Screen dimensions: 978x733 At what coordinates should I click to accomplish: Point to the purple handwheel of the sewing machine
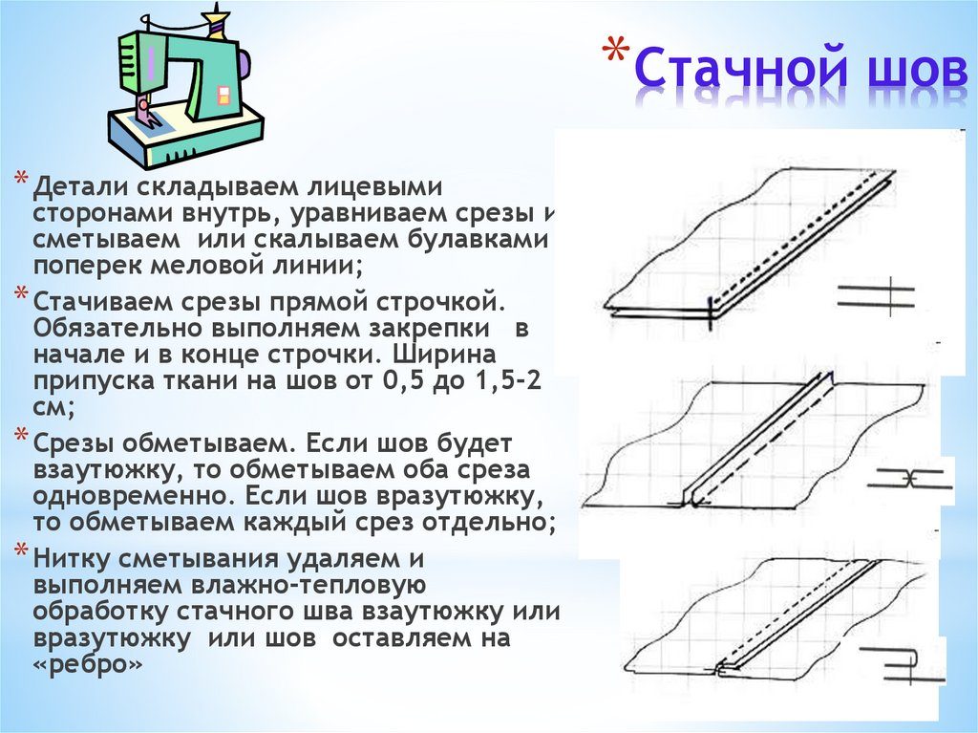coord(244,68)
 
